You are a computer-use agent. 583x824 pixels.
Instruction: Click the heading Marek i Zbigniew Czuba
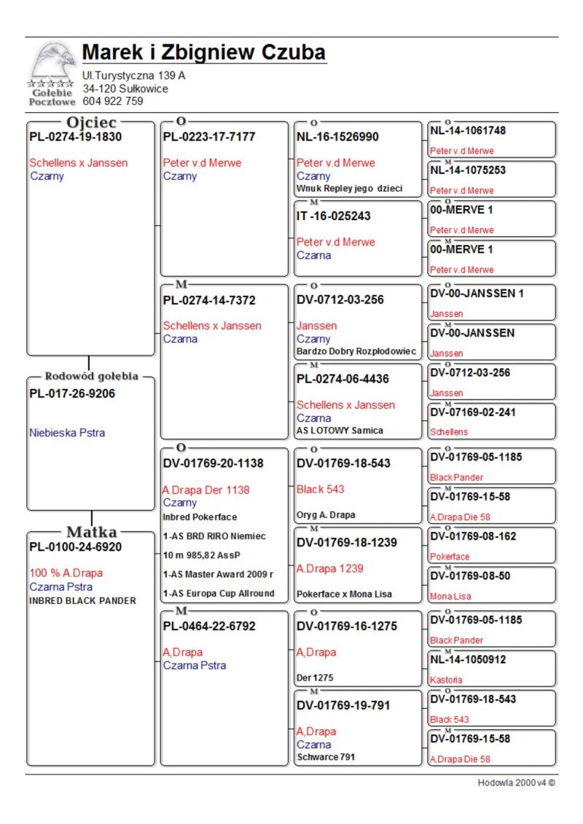click(x=203, y=53)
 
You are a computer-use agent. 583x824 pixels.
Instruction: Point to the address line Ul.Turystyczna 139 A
click(x=133, y=76)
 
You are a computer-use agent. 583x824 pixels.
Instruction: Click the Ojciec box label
click(x=91, y=122)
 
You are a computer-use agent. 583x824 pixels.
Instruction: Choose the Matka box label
click(x=91, y=531)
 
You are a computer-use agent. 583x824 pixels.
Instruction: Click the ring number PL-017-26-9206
click(x=72, y=394)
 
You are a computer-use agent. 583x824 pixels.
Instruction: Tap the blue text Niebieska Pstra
click(x=67, y=433)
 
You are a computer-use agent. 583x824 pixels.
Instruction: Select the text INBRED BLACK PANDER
click(x=82, y=600)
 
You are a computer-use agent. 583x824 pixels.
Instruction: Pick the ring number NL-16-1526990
click(x=337, y=137)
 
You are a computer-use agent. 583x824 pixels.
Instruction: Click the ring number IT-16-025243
click(x=334, y=216)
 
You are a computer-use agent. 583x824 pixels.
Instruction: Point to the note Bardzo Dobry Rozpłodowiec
click(x=356, y=351)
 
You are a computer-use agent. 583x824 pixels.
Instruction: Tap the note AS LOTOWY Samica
click(x=340, y=431)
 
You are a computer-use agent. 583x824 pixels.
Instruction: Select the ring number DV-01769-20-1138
click(x=214, y=463)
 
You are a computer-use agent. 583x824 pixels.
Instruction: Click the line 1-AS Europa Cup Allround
click(x=219, y=593)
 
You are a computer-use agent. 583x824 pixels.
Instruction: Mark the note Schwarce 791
click(x=326, y=757)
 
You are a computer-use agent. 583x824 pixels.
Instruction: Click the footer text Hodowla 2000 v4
click(x=516, y=782)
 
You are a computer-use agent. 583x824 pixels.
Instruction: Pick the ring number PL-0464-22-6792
click(x=209, y=627)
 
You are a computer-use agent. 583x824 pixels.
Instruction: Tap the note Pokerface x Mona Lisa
click(x=344, y=594)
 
